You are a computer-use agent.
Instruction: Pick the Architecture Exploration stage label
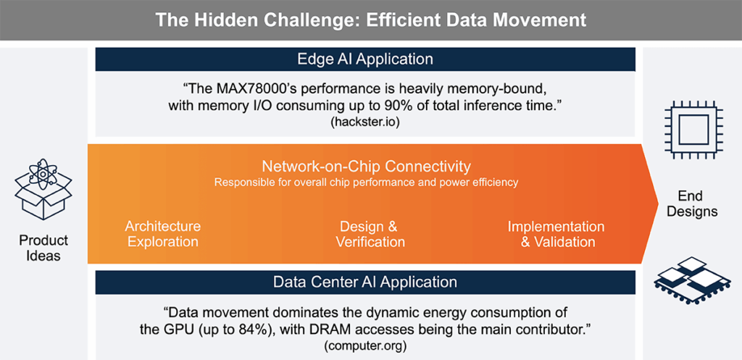pos(162,234)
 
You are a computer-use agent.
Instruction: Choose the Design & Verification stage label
pos(370,234)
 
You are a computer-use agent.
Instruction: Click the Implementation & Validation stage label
pos(558,234)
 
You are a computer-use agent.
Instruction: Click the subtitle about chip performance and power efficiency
pos(365,183)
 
